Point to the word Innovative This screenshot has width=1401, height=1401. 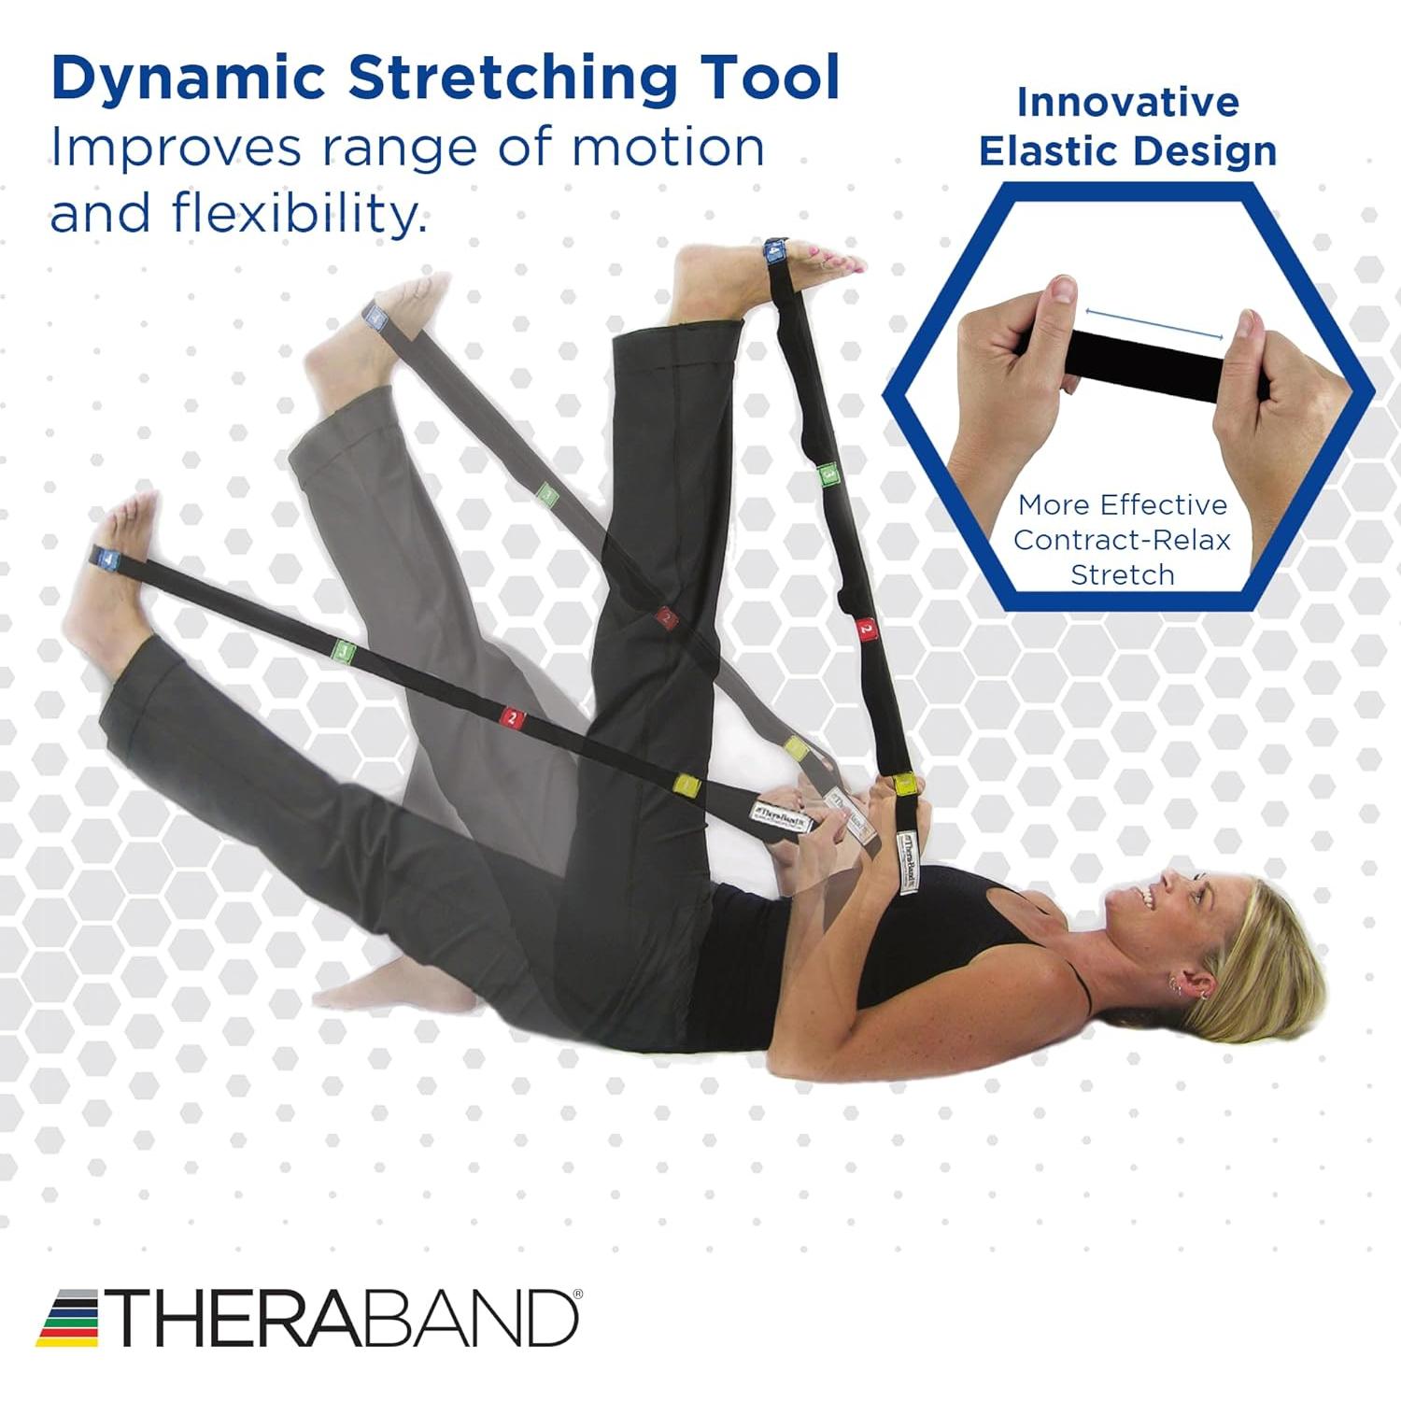(1127, 102)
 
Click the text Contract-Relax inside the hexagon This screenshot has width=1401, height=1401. (1122, 540)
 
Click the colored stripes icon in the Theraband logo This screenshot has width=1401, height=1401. (67, 1318)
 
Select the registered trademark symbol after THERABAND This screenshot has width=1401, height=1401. (577, 1295)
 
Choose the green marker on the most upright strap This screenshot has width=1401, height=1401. (828, 475)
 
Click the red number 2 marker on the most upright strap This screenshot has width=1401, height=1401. (866, 628)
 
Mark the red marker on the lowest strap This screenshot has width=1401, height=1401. (512, 717)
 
